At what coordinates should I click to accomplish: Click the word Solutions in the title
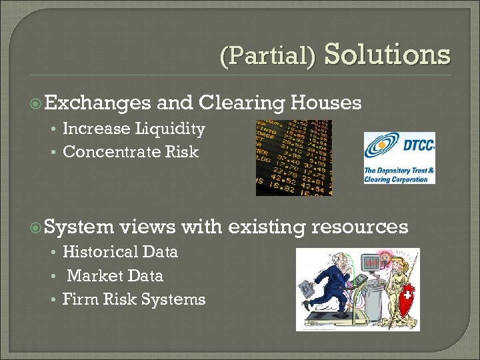pyautogui.click(x=387, y=54)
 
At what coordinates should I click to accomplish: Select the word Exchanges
pyautogui.click(x=97, y=103)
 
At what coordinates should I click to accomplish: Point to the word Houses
pyautogui.click(x=327, y=103)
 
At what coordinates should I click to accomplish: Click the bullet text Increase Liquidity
pyautogui.click(x=133, y=129)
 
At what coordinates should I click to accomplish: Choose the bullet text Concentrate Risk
pyautogui.click(x=131, y=152)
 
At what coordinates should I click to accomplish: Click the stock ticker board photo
pyautogui.click(x=293, y=158)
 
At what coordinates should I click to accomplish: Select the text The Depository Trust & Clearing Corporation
pyautogui.click(x=399, y=175)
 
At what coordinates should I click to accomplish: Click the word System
pyautogui.click(x=80, y=227)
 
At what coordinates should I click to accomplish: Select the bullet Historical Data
pyautogui.click(x=120, y=252)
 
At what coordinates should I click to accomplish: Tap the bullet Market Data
pyautogui.click(x=115, y=276)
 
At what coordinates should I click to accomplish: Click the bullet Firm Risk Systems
pyautogui.click(x=133, y=299)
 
